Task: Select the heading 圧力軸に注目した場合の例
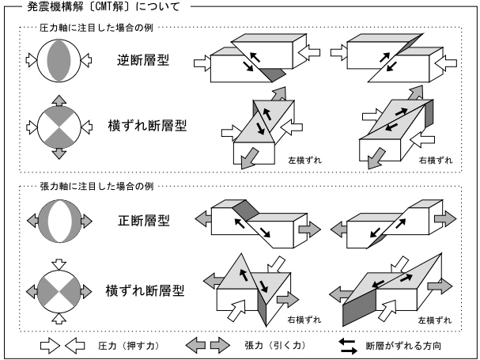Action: point(90,28)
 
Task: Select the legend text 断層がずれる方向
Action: point(409,344)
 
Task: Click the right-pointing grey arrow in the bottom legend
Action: point(218,344)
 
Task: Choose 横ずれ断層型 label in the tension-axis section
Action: point(146,290)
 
